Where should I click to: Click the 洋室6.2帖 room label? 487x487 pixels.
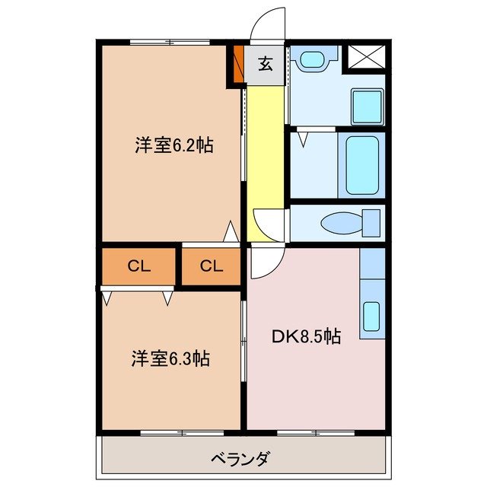pyautogui.click(x=173, y=145)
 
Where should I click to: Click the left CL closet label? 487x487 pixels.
pyautogui.click(x=138, y=266)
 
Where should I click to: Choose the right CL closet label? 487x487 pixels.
pyautogui.click(x=212, y=266)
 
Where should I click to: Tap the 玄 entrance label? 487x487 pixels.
pyautogui.click(x=264, y=65)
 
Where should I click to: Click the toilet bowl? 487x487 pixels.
pyautogui.click(x=336, y=224)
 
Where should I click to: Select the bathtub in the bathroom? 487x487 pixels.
pyautogui.click(x=360, y=165)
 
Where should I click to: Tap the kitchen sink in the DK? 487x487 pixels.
pyautogui.click(x=371, y=315)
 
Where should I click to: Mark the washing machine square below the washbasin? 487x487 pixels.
pyautogui.click(x=366, y=107)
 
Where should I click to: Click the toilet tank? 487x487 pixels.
pyautogui.click(x=371, y=223)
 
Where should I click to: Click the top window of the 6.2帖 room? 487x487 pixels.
pyautogui.click(x=169, y=40)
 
